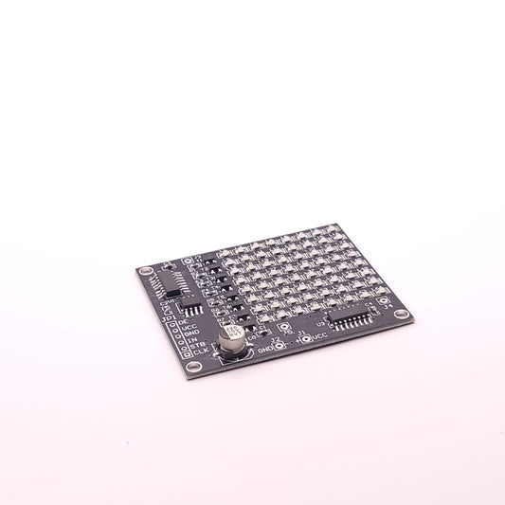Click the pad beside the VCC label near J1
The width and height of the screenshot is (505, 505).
305,336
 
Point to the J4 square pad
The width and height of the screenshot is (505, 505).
384,301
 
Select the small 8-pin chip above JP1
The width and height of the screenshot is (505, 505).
192,307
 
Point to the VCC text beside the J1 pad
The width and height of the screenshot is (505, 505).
319,335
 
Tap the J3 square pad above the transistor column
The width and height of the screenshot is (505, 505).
188,260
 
